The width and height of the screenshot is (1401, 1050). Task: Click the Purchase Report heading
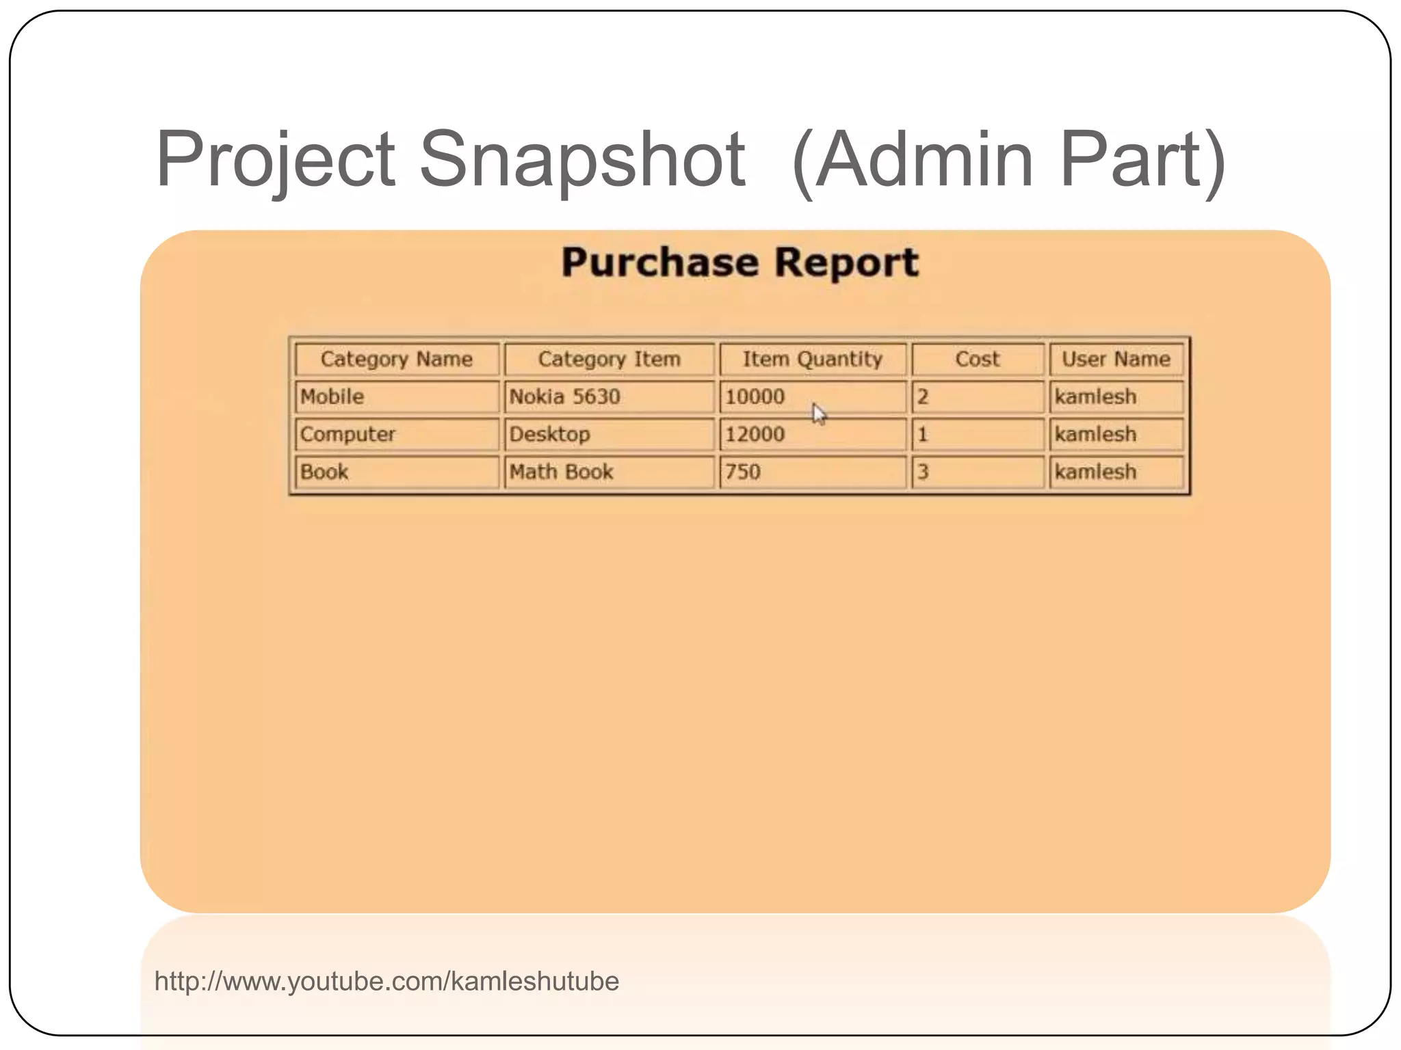[x=740, y=263]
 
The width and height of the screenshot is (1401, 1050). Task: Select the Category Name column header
[x=397, y=360]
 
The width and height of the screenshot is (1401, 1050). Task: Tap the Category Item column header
[x=609, y=360]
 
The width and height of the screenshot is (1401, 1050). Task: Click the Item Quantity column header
[x=813, y=360]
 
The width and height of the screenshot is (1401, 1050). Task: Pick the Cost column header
[x=977, y=360]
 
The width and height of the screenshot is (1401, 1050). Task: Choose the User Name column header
[x=1116, y=360]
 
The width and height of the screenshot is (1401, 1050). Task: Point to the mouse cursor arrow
[x=819, y=414]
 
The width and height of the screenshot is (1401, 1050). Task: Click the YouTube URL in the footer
[x=387, y=982]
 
